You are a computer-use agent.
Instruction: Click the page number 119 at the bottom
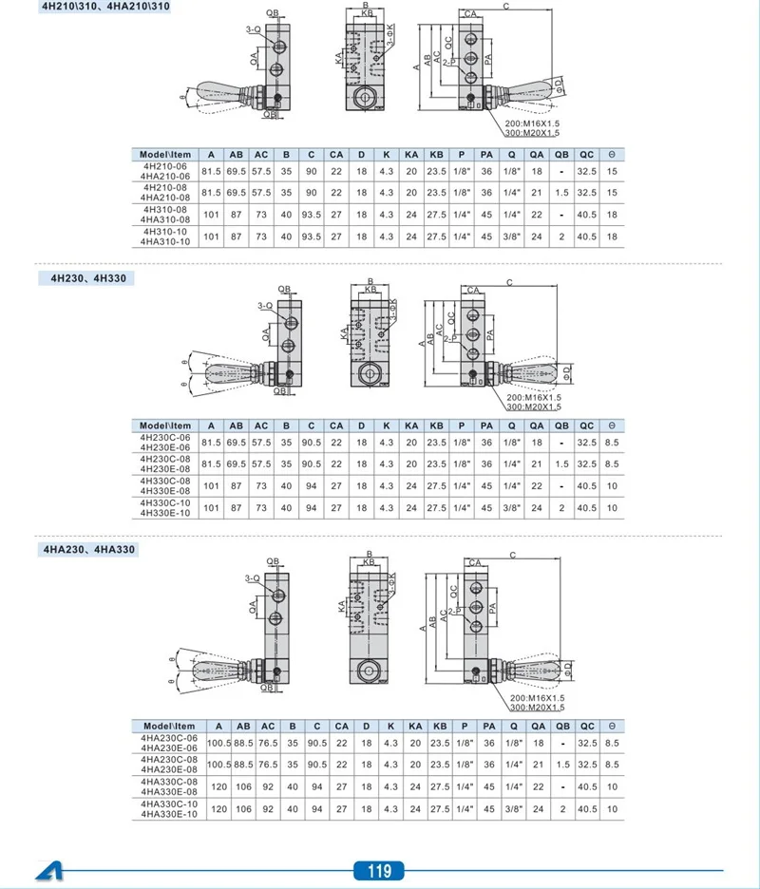379,870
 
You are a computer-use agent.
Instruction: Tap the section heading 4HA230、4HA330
89,549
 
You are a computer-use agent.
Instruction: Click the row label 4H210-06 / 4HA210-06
165,171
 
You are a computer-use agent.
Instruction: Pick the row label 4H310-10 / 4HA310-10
165,236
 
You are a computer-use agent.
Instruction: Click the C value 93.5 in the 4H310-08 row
312,215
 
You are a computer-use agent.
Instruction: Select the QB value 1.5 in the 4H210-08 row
561,193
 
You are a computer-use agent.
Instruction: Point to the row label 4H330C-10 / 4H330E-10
165,508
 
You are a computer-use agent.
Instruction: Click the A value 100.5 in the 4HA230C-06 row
218,744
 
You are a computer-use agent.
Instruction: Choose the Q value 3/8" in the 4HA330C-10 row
514,809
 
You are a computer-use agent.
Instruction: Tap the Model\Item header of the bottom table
169,727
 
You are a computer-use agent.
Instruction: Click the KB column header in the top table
436,155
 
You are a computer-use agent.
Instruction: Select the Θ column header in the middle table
612,426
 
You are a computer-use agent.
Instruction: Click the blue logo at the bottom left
49,871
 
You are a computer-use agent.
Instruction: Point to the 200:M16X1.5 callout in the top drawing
532,123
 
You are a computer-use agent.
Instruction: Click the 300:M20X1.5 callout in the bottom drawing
537,708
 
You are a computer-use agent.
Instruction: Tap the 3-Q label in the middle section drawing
265,306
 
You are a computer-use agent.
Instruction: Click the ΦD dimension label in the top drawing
559,85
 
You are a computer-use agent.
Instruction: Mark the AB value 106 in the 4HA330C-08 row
243,787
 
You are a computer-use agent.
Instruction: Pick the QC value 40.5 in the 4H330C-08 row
586,486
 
